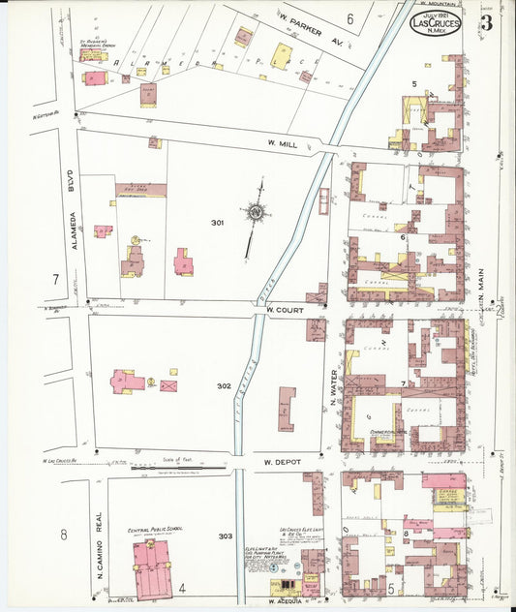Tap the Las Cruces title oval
(436, 22)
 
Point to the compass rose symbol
(257, 210)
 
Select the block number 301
(218, 223)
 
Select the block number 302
(224, 385)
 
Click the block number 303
(226, 535)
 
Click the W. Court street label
(286, 310)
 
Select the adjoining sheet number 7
(56, 280)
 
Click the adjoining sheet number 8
(63, 535)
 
